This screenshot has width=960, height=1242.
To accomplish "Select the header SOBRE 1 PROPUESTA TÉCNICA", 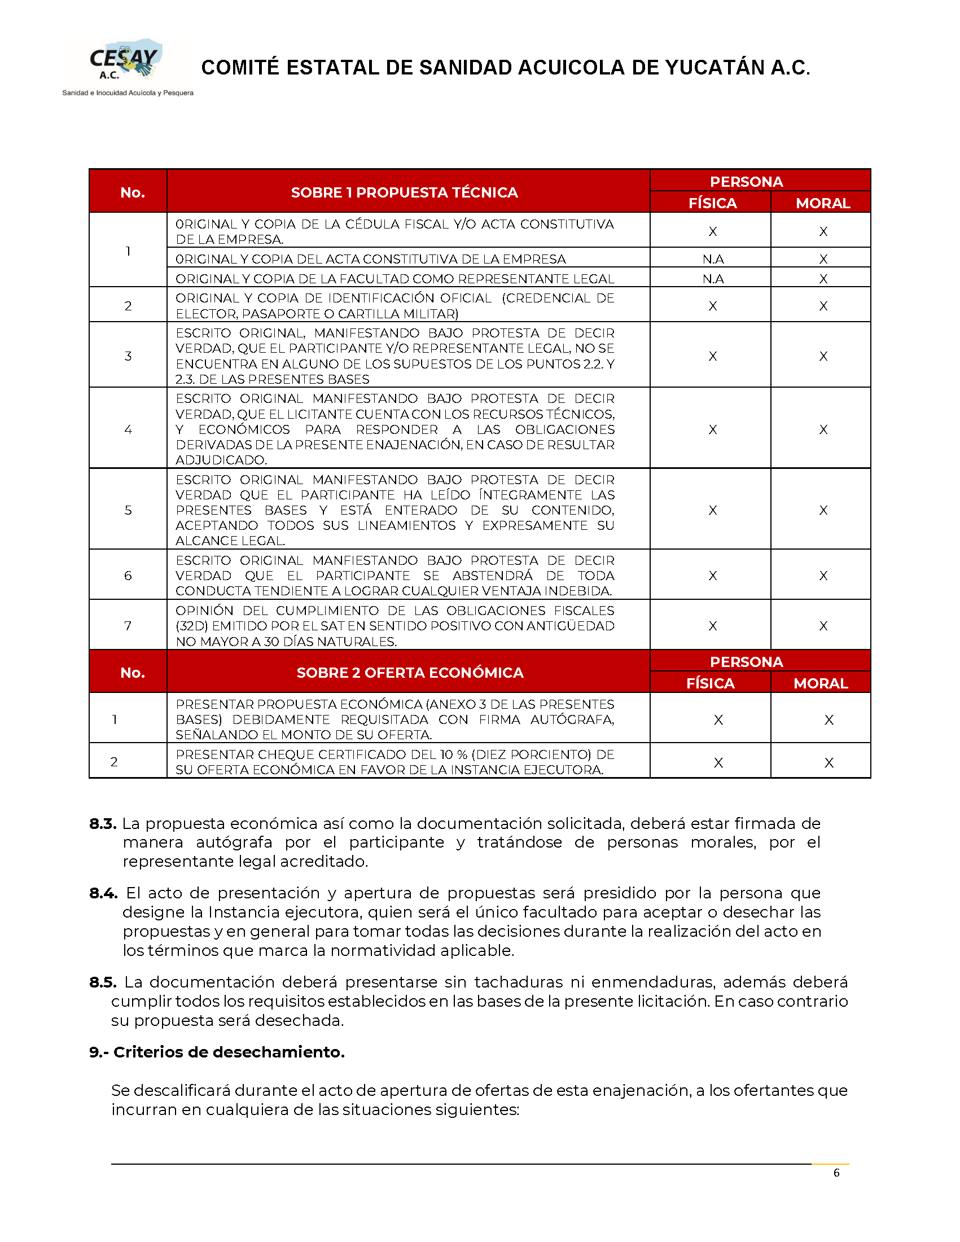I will [404, 192].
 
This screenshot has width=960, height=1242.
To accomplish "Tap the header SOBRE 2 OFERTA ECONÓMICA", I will [410, 673].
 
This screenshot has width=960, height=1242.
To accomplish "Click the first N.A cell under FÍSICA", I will [713, 260].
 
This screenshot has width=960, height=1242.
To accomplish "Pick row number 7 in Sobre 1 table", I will [128, 626].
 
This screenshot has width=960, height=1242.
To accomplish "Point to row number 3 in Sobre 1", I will [128, 356].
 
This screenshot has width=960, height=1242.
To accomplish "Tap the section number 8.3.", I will [103, 823].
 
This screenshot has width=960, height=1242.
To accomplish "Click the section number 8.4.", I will [103, 893].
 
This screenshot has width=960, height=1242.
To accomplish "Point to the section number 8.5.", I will [103, 982].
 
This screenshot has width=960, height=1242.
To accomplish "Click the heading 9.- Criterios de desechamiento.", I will [217, 1052].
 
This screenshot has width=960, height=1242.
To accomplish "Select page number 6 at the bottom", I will [836, 1173].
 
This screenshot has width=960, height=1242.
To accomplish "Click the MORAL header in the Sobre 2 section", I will [821, 683].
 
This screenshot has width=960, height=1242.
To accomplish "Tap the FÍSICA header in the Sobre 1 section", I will [713, 203].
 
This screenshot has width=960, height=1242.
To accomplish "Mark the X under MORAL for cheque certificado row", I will [829, 762].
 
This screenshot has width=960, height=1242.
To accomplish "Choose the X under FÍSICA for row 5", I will [713, 510].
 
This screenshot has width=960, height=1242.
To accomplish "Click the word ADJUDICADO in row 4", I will [221, 459].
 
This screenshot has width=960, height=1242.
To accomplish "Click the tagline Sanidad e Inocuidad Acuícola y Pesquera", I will [128, 93].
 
